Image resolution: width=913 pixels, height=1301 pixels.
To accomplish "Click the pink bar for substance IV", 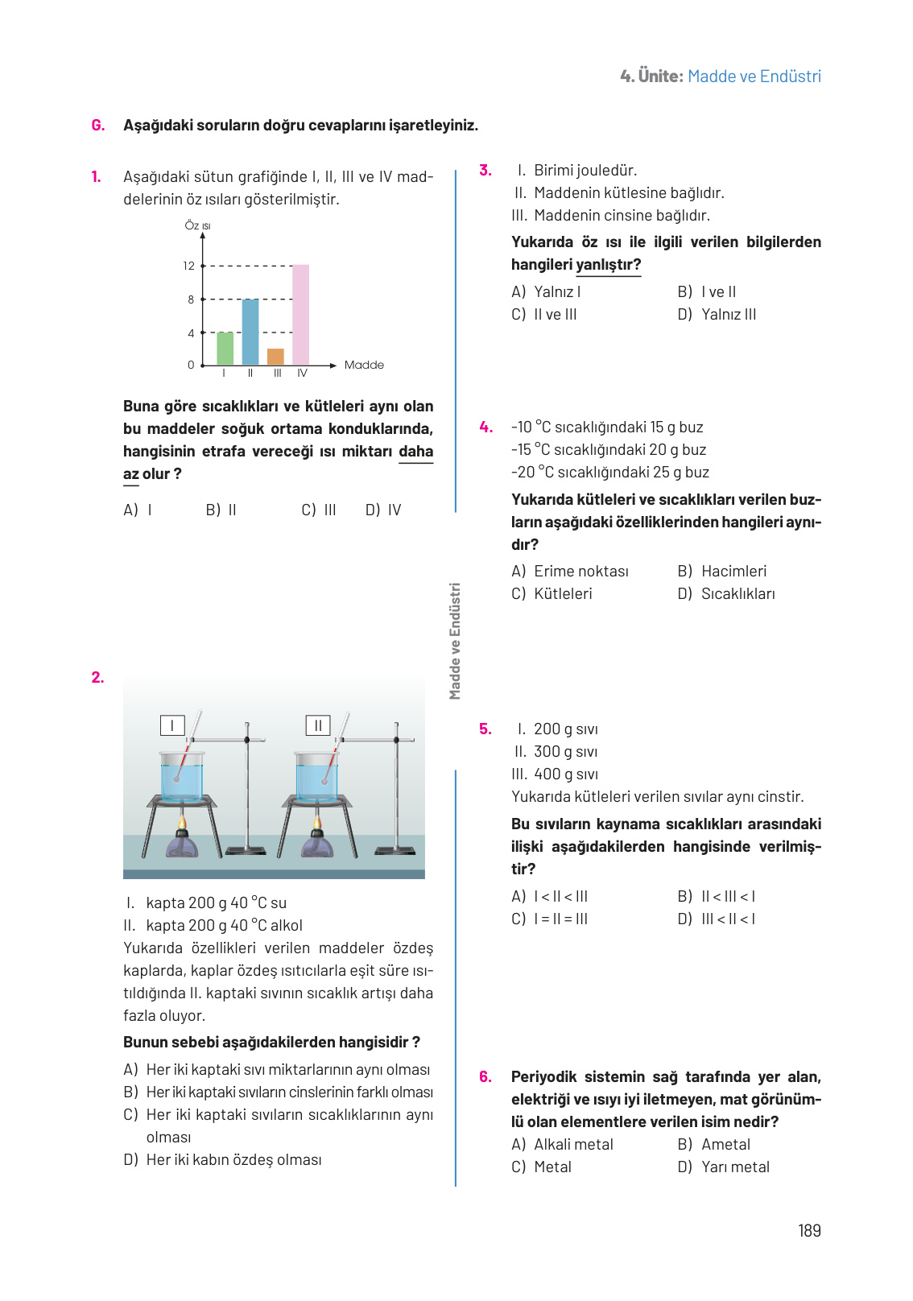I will pyautogui.click(x=300, y=315).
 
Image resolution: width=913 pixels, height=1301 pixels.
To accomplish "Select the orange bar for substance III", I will pyautogui.click(x=275, y=357).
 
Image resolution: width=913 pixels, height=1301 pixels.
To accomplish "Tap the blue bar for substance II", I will pyautogui.click(x=250, y=332).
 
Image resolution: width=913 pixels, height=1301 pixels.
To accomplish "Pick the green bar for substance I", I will pyautogui.click(x=225, y=349).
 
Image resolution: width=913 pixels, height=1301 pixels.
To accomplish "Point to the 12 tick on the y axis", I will pyautogui.click(x=189, y=266).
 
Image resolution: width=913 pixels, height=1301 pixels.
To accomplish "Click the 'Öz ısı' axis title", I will pyautogui.click(x=197, y=225).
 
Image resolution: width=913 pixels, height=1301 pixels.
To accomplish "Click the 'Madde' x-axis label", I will pyautogui.click(x=364, y=365).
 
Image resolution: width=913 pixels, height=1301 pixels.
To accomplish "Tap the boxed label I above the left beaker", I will pyautogui.click(x=172, y=725).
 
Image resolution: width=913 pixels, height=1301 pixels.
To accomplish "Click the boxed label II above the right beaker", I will pyautogui.click(x=318, y=725).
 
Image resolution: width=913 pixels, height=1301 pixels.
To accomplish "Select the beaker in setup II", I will pyautogui.click(x=316, y=778).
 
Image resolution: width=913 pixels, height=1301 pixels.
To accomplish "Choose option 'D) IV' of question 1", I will pyautogui.click(x=383, y=510).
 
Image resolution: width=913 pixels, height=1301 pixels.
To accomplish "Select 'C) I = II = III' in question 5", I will pyautogui.click(x=550, y=919).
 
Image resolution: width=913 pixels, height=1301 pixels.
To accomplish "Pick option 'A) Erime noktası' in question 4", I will pyautogui.click(x=570, y=571).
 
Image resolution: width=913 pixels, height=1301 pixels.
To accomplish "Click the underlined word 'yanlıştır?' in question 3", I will pyautogui.click(x=609, y=265).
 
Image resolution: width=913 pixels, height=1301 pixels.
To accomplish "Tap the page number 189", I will pyautogui.click(x=809, y=1230).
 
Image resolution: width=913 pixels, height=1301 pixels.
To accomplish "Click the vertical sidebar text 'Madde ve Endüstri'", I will pyautogui.click(x=455, y=641).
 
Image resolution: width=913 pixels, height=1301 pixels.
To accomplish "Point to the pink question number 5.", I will pyautogui.click(x=485, y=729).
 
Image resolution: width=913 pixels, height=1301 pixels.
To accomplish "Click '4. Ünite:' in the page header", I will pyautogui.click(x=651, y=76).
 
